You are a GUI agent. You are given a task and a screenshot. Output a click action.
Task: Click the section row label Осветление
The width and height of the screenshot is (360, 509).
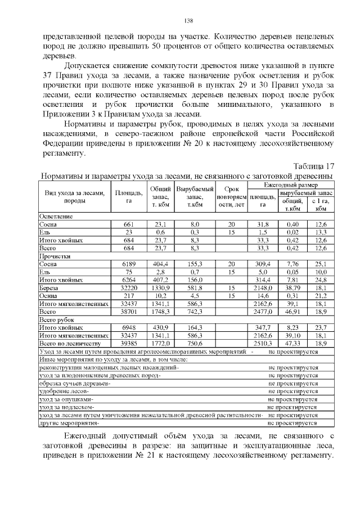coord(56,216)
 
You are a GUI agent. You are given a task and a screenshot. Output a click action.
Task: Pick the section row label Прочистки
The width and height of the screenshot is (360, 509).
coord(54,255)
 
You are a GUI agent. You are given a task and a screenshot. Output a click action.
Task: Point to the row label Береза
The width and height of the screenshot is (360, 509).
coord(49,287)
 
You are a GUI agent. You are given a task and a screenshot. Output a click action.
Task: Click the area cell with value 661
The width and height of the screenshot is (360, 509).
coord(129,224)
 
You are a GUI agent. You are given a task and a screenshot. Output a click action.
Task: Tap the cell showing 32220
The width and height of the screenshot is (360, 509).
coord(129,287)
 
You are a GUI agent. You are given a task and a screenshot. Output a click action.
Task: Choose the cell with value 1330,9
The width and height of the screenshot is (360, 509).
coord(160,287)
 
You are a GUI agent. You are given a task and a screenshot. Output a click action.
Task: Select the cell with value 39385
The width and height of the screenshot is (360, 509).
coord(129,343)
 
